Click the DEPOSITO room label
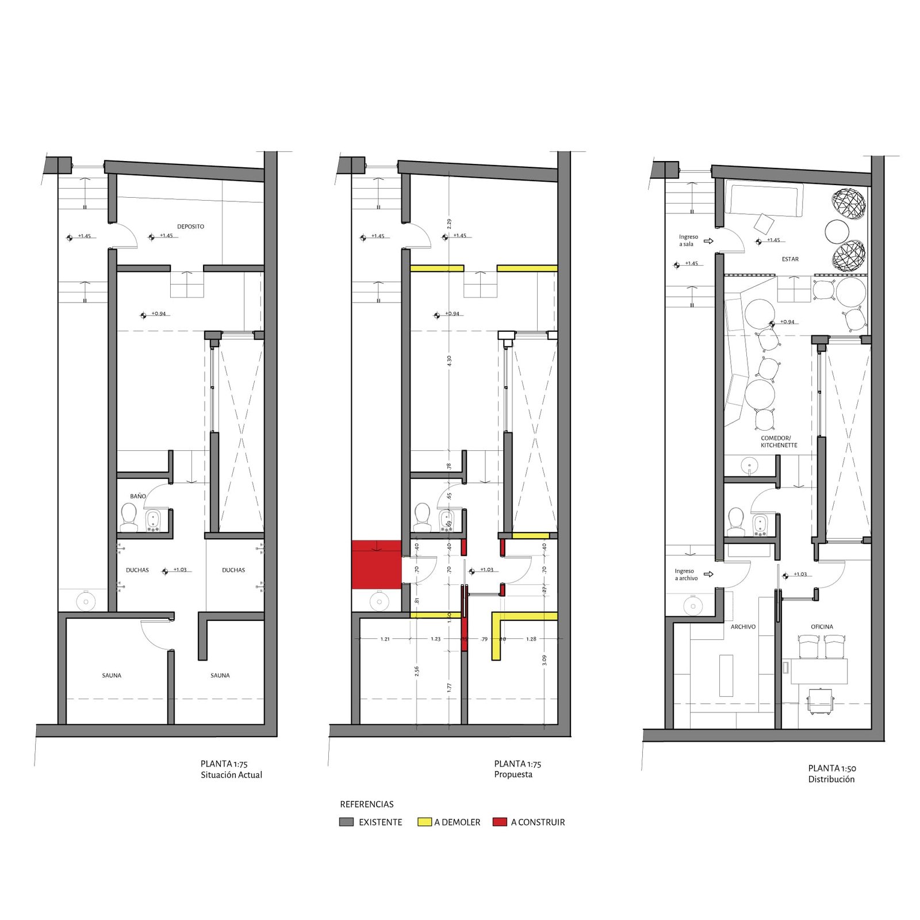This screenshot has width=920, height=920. coord(190,227)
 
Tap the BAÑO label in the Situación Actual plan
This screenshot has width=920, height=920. coord(138,496)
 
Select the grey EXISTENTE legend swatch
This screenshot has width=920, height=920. coord(346,822)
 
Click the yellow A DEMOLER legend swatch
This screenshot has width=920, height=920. coord(424,822)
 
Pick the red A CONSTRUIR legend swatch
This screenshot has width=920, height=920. coord(500,822)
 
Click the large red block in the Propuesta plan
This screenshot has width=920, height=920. coord(376,565)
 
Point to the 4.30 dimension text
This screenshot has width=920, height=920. coord(449,361)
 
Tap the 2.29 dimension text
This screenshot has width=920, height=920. coord(449,223)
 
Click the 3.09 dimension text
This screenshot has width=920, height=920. coord(545,660)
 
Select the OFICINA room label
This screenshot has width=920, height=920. coord(822,627)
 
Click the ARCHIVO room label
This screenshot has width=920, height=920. coord(743,627)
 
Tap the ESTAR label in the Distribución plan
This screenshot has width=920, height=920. coord(790,259)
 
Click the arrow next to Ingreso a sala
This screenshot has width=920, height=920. coord(708,241)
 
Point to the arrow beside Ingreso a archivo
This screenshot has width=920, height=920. coord(708,574)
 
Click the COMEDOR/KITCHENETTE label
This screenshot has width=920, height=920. coord(779,442)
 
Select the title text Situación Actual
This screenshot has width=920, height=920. coord(231,775)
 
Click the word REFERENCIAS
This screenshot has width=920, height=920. coord(366,804)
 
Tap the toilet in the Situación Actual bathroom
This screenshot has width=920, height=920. coord(129,517)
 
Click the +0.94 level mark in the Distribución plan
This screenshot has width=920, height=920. coord(787,322)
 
